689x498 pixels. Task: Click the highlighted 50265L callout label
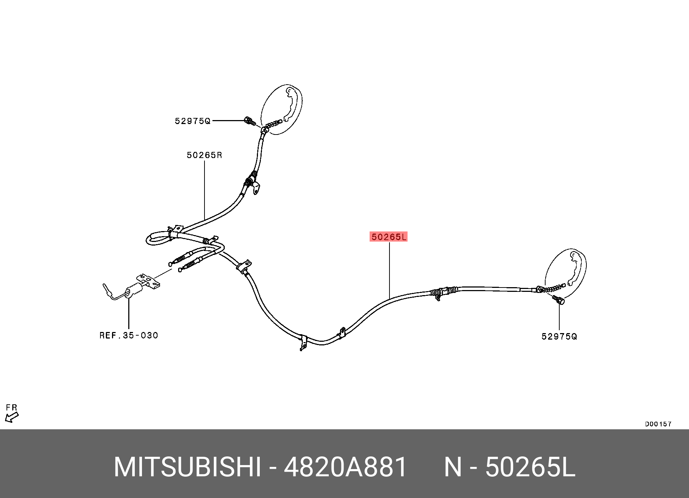click(389, 237)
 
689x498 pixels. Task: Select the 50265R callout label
click(204, 155)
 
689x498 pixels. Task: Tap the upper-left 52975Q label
click(192, 121)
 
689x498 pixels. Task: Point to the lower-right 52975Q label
click(559, 337)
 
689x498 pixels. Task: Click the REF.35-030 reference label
click(129, 335)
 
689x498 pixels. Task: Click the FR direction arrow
click(12, 418)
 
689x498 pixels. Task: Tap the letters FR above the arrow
click(12, 408)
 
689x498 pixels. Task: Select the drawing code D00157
click(658, 424)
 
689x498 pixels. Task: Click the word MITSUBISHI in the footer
click(187, 468)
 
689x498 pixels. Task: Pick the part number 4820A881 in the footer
click(345, 468)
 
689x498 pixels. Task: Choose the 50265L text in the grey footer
click(530, 468)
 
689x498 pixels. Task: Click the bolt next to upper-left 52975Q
click(249, 122)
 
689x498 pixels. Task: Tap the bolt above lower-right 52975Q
click(559, 299)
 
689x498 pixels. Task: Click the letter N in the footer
click(453, 468)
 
